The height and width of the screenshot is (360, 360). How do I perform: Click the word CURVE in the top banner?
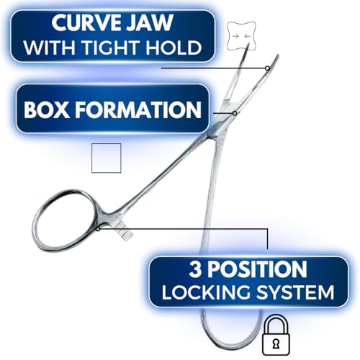86,22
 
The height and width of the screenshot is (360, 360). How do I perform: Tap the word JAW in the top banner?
150,22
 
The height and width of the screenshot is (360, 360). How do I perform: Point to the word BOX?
47,109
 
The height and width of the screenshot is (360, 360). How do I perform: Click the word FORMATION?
138,109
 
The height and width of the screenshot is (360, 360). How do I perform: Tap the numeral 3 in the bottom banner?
194,269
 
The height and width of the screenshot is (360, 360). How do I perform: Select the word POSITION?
257,269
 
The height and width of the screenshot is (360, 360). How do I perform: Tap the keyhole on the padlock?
276,344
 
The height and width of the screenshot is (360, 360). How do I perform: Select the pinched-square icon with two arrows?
241,36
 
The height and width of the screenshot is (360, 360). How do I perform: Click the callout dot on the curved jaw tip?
267,68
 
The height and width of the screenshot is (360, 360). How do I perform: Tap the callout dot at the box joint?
235,113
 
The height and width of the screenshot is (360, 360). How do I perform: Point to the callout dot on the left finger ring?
98,229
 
